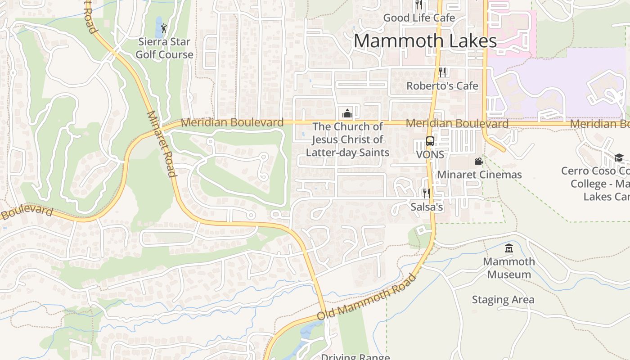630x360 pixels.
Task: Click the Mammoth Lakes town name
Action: click(425, 40)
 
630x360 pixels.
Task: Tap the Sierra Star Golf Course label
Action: click(165, 48)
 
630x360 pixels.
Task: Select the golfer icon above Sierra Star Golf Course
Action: click(164, 28)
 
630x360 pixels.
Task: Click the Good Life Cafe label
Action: click(419, 18)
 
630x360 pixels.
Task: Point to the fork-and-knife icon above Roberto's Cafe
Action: click(442, 72)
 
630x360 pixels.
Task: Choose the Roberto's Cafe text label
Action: click(442, 85)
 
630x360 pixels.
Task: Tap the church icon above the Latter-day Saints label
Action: click(347, 113)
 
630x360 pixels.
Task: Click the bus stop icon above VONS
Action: click(430, 141)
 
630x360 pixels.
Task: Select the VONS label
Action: click(430, 154)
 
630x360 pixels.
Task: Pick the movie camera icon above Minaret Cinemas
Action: click(479, 161)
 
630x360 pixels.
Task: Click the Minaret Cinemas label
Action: click(479, 175)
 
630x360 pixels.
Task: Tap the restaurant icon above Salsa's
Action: click(426, 193)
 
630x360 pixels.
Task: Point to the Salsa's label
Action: click(427, 207)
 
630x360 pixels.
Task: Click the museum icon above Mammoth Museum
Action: click(509, 248)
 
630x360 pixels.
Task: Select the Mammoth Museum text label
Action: click(509, 268)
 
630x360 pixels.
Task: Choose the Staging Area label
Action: click(503, 300)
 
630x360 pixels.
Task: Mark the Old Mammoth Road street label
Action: click(367, 297)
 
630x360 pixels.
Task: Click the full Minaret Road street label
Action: click(161, 144)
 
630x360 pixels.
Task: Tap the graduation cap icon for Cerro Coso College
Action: click(619, 157)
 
